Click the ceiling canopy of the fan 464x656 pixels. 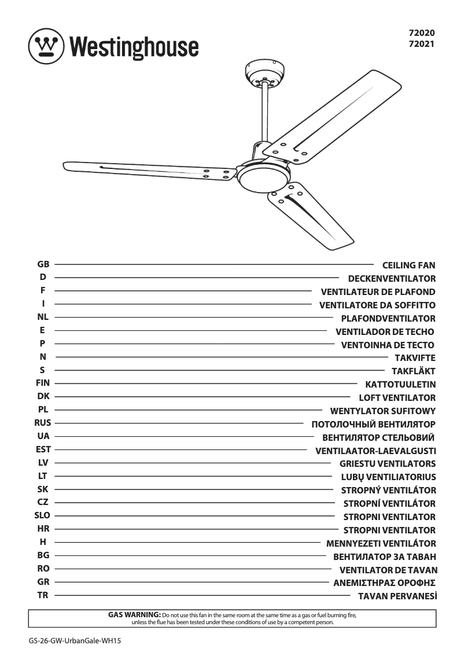click(x=264, y=73)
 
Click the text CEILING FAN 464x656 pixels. click(x=409, y=266)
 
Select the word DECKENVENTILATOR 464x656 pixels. click(x=392, y=279)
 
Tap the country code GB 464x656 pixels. click(x=43, y=264)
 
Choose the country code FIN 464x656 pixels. click(x=43, y=383)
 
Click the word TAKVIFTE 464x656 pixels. click(x=415, y=358)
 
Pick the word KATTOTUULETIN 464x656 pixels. click(x=400, y=385)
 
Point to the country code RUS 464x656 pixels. click(x=43, y=423)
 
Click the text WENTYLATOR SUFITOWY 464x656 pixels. click(x=382, y=411)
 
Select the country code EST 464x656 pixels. click(x=43, y=449)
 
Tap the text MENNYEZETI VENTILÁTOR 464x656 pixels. click(x=381, y=544)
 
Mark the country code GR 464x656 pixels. click(x=43, y=582)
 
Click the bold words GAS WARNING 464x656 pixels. click(x=134, y=614)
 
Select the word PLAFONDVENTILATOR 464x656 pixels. click(x=388, y=319)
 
